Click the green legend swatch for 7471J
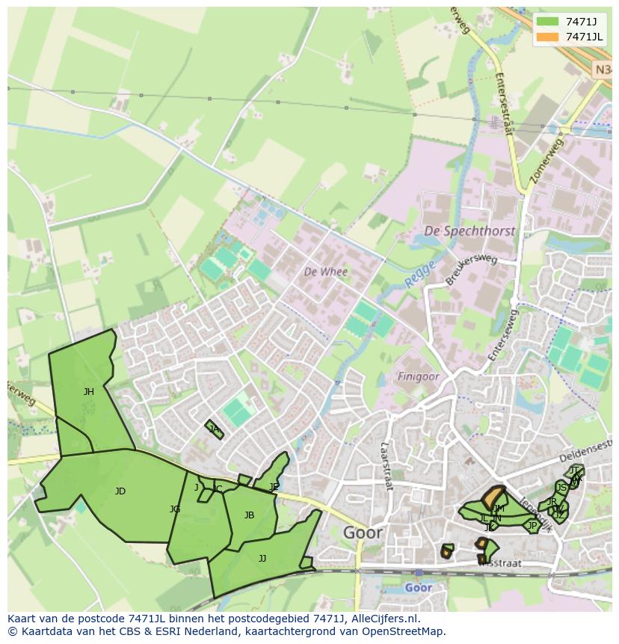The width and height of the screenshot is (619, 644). [x=547, y=21]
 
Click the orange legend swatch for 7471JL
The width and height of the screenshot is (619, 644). [x=547, y=37]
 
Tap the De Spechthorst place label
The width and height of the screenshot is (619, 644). [x=469, y=231]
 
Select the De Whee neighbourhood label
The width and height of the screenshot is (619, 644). [x=325, y=272]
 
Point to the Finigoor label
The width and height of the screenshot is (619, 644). [x=418, y=377]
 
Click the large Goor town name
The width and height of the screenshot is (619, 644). [x=363, y=533]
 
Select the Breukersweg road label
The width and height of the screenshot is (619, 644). [x=471, y=269]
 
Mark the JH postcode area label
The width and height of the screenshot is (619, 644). [x=89, y=391]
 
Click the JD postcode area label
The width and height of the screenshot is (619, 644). [x=120, y=491]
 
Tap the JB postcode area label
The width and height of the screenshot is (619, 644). [x=249, y=515]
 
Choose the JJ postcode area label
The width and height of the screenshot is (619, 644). [x=262, y=558]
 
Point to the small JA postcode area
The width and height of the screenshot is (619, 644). [x=215, y=429]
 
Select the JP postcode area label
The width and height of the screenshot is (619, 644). [x=532, y=526]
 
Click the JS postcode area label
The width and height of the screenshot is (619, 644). [x=561, y=488]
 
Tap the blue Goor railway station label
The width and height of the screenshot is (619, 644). [x=418, y=588]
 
